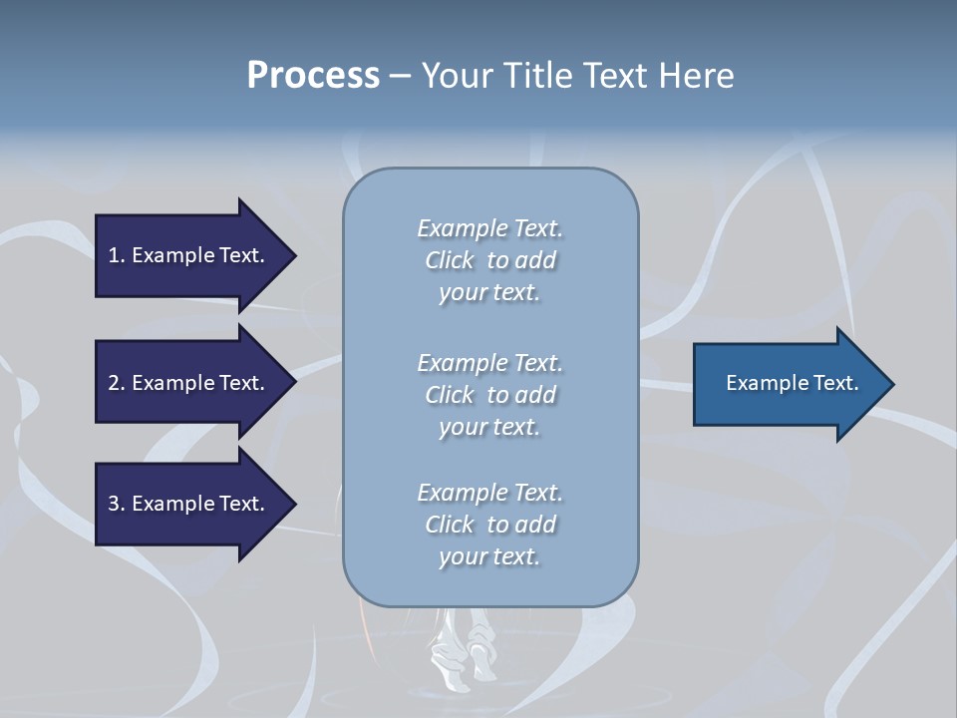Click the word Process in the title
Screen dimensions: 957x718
(313, 76)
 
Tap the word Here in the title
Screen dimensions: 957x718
(696, 76)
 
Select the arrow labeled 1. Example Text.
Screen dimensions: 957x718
(195, 256)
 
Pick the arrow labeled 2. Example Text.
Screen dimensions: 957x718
(195, 382)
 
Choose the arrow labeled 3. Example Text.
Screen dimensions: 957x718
(195, 505)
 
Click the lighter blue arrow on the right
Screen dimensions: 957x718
(794, 384)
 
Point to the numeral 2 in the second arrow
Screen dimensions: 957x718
(114, 383)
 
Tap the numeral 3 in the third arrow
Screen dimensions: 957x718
(114, 504)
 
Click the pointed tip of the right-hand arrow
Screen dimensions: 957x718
(895, 384)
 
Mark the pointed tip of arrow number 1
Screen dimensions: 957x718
(297, 256)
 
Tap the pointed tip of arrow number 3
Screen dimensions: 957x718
(297, 505)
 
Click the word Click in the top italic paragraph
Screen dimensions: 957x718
(450, 260)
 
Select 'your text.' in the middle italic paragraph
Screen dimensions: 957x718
(489, 428)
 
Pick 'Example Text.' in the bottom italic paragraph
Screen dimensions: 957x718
(490, 493)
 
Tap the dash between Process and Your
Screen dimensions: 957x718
(401, 78)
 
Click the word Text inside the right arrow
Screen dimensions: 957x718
(836, 383)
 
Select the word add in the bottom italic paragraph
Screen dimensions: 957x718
(537, 525)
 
